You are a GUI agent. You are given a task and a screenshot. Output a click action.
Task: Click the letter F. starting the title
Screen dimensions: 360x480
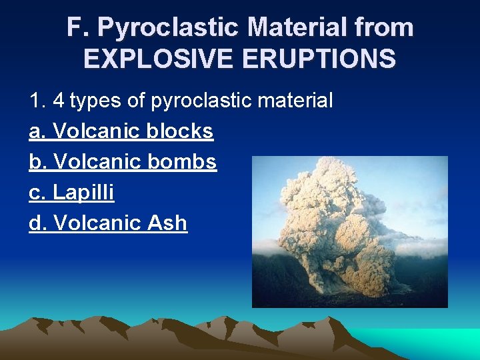pos(78,28)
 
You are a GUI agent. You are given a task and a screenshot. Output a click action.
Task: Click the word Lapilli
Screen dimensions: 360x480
pos(83,193)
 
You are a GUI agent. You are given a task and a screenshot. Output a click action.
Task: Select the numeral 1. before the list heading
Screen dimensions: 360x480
pos(37,101)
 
